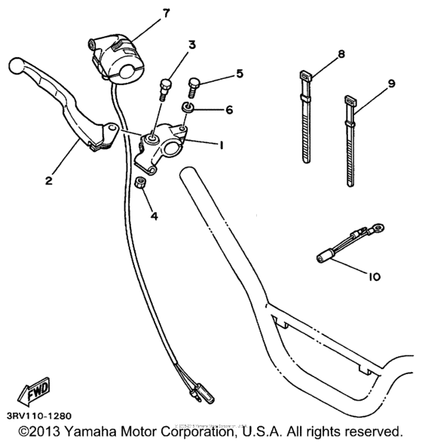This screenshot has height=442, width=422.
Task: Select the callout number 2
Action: coord(48,180)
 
